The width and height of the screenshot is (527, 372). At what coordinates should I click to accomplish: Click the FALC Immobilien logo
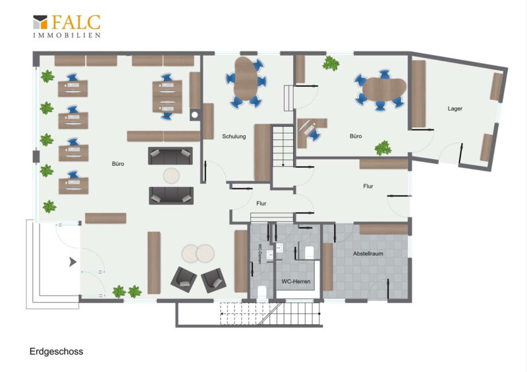tap(67, 26)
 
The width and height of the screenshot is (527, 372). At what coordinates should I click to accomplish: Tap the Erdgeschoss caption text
tap(57, 352)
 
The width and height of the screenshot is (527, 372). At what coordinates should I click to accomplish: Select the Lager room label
tap(455, 109)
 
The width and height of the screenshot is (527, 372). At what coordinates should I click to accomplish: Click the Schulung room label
tap(234, 136)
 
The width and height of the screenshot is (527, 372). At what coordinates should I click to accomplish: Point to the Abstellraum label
tap(368, 253)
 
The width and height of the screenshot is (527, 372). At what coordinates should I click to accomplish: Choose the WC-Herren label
tap(296, 282)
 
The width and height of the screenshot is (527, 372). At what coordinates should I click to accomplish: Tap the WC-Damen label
tap(260, 253)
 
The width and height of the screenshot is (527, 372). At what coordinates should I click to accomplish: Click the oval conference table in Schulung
tap(244, 78)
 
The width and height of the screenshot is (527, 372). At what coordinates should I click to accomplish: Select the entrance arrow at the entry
tap(72, 262)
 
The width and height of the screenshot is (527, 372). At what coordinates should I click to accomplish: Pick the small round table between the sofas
tap(171, 175)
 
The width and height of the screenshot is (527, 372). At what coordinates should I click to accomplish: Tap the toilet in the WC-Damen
tap(262, 292)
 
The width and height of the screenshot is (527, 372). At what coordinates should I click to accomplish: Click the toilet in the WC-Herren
tap(309, 253)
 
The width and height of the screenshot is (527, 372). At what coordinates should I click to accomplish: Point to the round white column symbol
tap(194, 115)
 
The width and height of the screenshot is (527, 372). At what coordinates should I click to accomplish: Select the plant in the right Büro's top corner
tap(331, 63)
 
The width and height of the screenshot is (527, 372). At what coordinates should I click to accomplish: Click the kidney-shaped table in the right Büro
tap(384, 89)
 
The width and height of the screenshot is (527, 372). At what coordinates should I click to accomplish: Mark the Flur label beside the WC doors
tap(261, 203)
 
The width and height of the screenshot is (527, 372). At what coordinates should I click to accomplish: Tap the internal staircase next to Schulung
tap(283, 146)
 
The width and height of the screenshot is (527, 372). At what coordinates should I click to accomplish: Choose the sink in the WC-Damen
tap(269, 255)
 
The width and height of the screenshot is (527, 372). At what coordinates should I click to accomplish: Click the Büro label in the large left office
tap(118, 164)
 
